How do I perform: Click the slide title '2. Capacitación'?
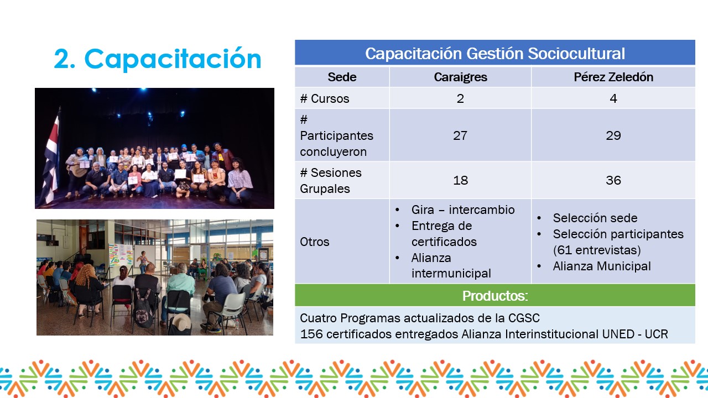tap(158, 59)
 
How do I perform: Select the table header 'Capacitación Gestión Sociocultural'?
tap(495, 54)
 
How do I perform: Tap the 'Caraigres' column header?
tap(460, 77)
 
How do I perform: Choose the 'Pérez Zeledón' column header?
tap(613, 77)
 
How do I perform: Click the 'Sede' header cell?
tap(342, 77)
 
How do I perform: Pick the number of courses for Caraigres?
tap(460, 98)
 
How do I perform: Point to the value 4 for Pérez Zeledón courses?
tap(613, 98)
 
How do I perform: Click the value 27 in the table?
tap(460, 135)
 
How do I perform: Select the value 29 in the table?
tap(613, 135)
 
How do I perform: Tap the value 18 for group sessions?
tap(460, 180)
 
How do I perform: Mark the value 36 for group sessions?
tap(613, 180)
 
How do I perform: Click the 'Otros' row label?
tap(315, 242)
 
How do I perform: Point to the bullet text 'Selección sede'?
tap(595, 218)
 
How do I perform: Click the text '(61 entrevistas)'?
tap(597, 250)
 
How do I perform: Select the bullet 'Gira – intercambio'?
tap(463, 210)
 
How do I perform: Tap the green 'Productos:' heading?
tap(495, 296)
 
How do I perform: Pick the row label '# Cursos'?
tap(325, 98)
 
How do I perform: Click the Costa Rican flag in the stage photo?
tap(51, 158)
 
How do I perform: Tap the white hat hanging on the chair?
tap(180, 323)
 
